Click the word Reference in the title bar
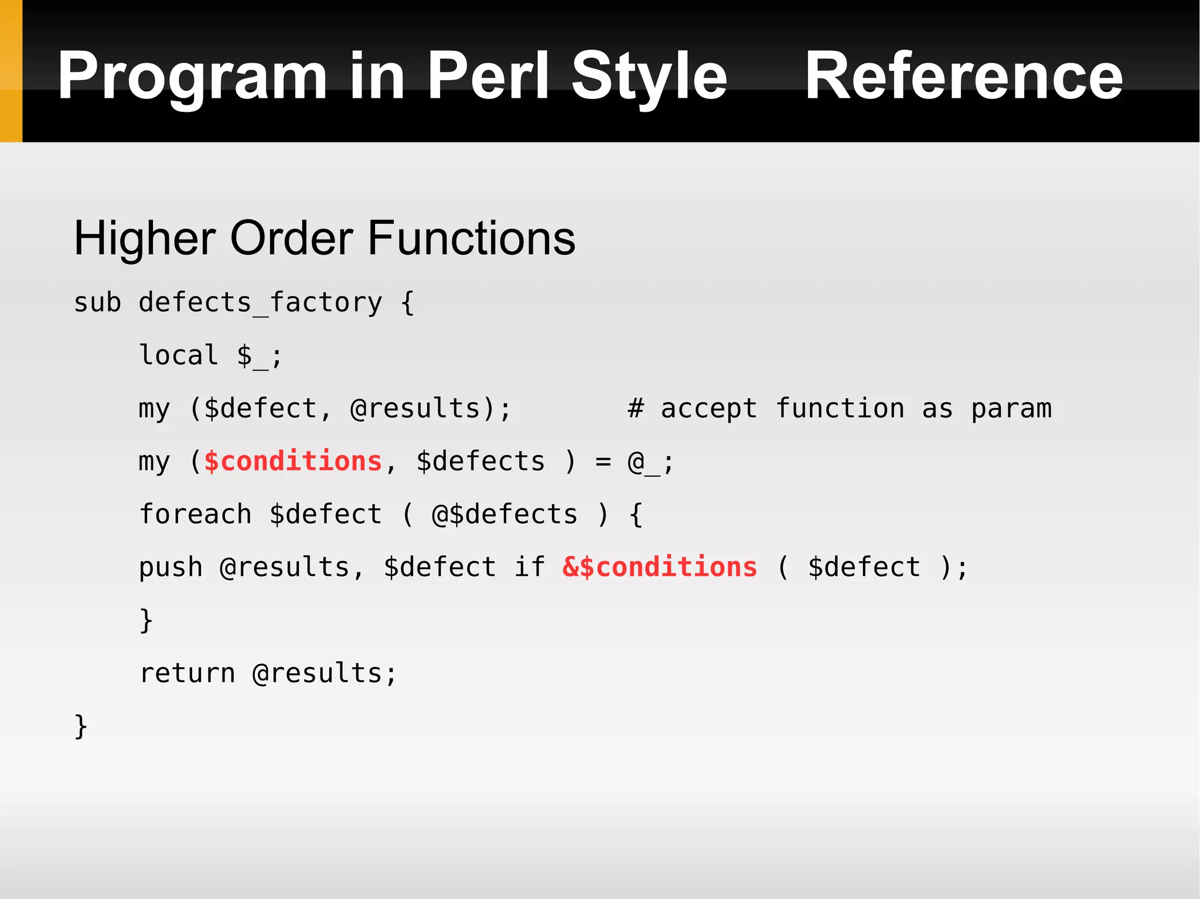tap(964, 76)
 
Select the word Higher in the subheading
tap(144, 239)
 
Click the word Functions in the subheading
tap(471, 239)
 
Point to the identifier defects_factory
tap(260, 303)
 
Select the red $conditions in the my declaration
tap(293, 462)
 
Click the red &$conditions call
tap(660, 567)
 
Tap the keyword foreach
tap(195, 514)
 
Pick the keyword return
tap(187, 674)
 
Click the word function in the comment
tap(840, 408)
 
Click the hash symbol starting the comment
tap(636, 408)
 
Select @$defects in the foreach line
tap(504, 514)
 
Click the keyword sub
tap(97, 303)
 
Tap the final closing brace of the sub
tap(81, 727)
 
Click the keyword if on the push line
tap(530, 567)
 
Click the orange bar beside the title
tap(11, 71)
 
